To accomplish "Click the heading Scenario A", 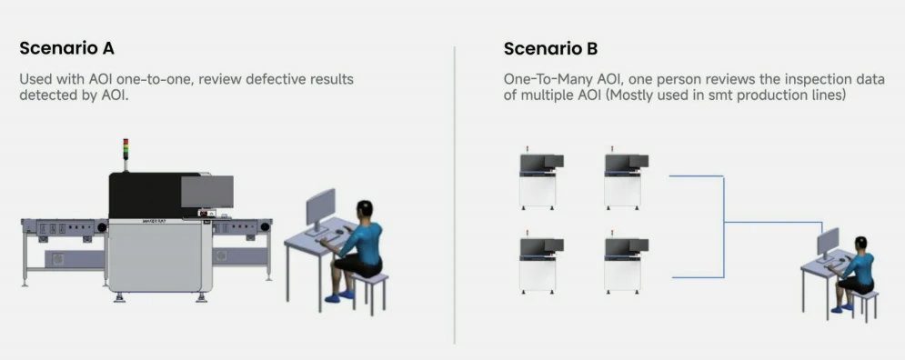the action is (x=67, y=48).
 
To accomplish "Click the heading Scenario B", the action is (x=550, y=48).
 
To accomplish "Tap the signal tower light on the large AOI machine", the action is (x=126, y=149).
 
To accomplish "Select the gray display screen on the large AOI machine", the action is (x=207, y=192).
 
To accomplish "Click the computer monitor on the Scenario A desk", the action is (x=320, y=211).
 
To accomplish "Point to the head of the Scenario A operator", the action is (x=364, y=209).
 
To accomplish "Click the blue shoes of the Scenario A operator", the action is (x=339, y=296).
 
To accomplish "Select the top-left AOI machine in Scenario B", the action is (x=540, y=179).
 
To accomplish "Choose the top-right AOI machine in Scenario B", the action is (x=626, y=179).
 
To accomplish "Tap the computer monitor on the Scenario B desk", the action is (x=828, y=244).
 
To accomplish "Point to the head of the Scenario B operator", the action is (x=861, y=244).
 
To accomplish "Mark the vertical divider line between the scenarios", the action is (x=455, y=195).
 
